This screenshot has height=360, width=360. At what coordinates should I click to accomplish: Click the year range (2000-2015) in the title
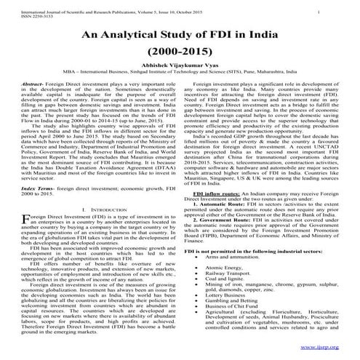click(x=180, y=53)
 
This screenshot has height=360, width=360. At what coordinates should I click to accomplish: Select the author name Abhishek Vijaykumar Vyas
click(x=180, y=71)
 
